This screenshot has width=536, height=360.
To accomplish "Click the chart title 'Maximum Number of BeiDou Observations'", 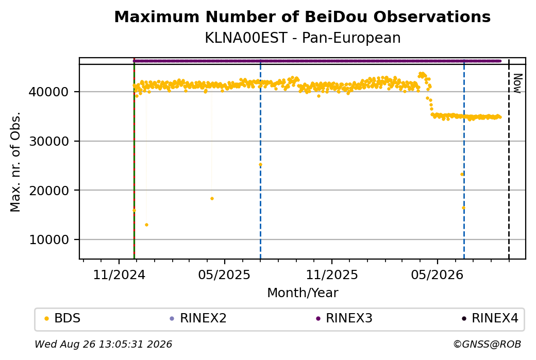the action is pos(302,16).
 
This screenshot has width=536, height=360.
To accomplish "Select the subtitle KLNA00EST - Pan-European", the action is pos(303,38).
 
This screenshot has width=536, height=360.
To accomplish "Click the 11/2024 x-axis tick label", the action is pos(119,275).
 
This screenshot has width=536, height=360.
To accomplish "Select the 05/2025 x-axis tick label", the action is pos(224,275).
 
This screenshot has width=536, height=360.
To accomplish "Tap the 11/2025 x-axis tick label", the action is pos(331,275).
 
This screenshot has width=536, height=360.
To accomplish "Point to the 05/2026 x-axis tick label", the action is pos(437,275).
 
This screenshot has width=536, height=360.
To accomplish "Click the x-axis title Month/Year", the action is pos(303,293).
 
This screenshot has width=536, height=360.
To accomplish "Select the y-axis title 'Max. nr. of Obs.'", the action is pos(15,162).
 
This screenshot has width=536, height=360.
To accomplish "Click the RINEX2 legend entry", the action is pos(198,318).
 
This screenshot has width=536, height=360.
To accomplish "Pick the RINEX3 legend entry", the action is pos(344,318).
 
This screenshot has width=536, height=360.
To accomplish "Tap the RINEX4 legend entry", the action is pos(490,318).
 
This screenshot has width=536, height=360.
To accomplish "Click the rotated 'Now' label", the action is pos(517,83).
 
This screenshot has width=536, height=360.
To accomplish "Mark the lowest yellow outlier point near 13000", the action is pos(147,225).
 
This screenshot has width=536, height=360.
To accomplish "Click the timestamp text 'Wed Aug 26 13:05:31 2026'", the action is pos(103,344).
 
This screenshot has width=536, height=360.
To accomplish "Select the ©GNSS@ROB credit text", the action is pos(487,344).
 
